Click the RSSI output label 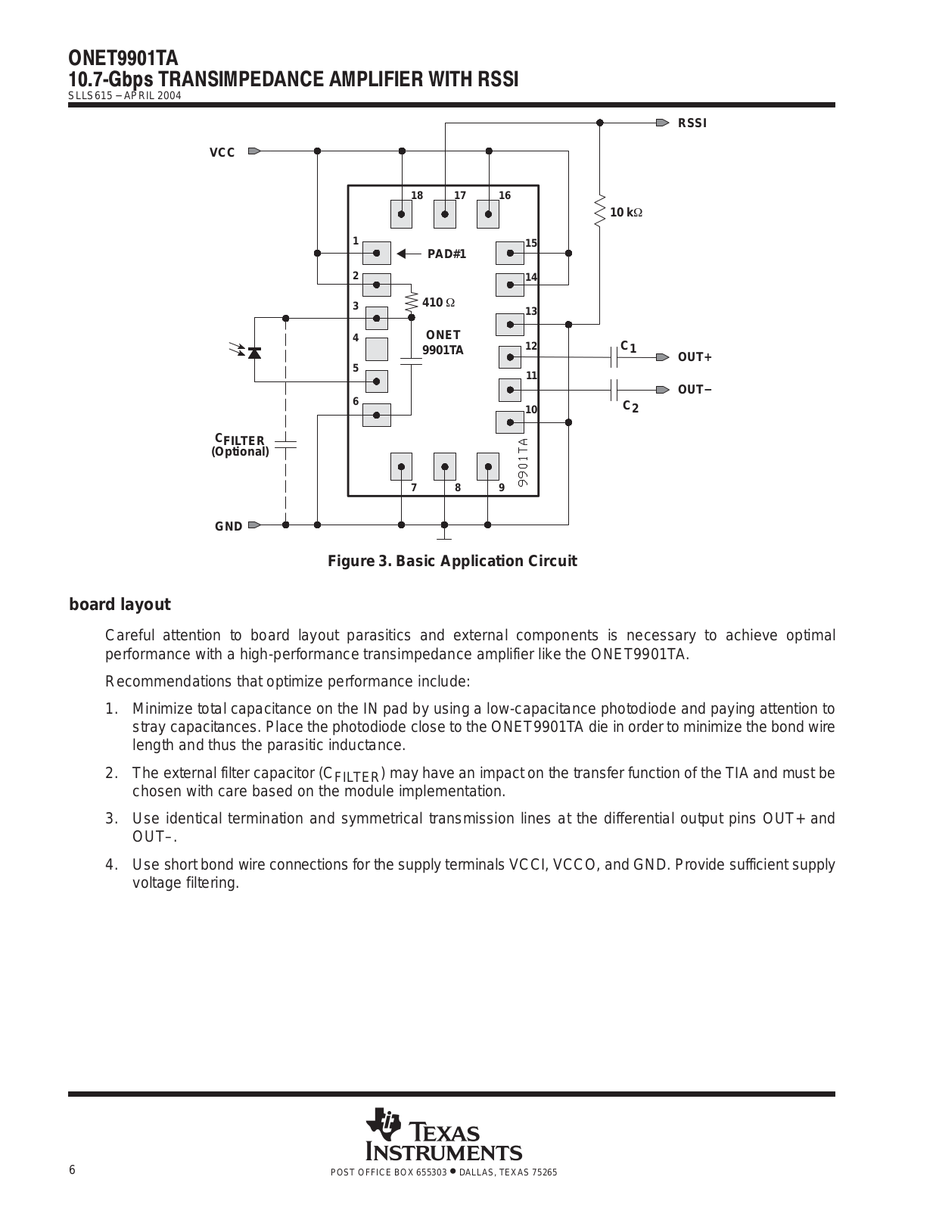pyautogui.click(x=692, y=123)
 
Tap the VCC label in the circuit pyautogui.click(x=222, y=153)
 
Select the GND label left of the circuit pyautogui.click(x=229, y=526)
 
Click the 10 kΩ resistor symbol pyautogui.click(x=599, y=210)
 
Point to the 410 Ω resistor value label pyautogui.click(x=438, y=303)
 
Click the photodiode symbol pyautogui.click(x=254, y=352)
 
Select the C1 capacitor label pyautogui.click(x=629, y=347)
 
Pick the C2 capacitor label pyautogui.click(x=631, y=406)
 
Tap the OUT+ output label pyautogui.click(x=695, y=357)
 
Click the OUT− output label pyautogui.click(x=695, y=390)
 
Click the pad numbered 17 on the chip pyautogui.click(x=445, y=214)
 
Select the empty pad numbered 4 pyautogui.click(x=377, y=350)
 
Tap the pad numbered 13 pyautogui.click(x=510, y=325)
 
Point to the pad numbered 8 pyautogui.click(x=445, y=467)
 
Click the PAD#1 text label pyautogui.click(x=447, y=254)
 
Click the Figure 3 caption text pyautogui.click(x=452, y=561)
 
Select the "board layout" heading pyautogui.click(x=120, y=605)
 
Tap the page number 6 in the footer pyautogui.click(x=72, y=1170)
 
